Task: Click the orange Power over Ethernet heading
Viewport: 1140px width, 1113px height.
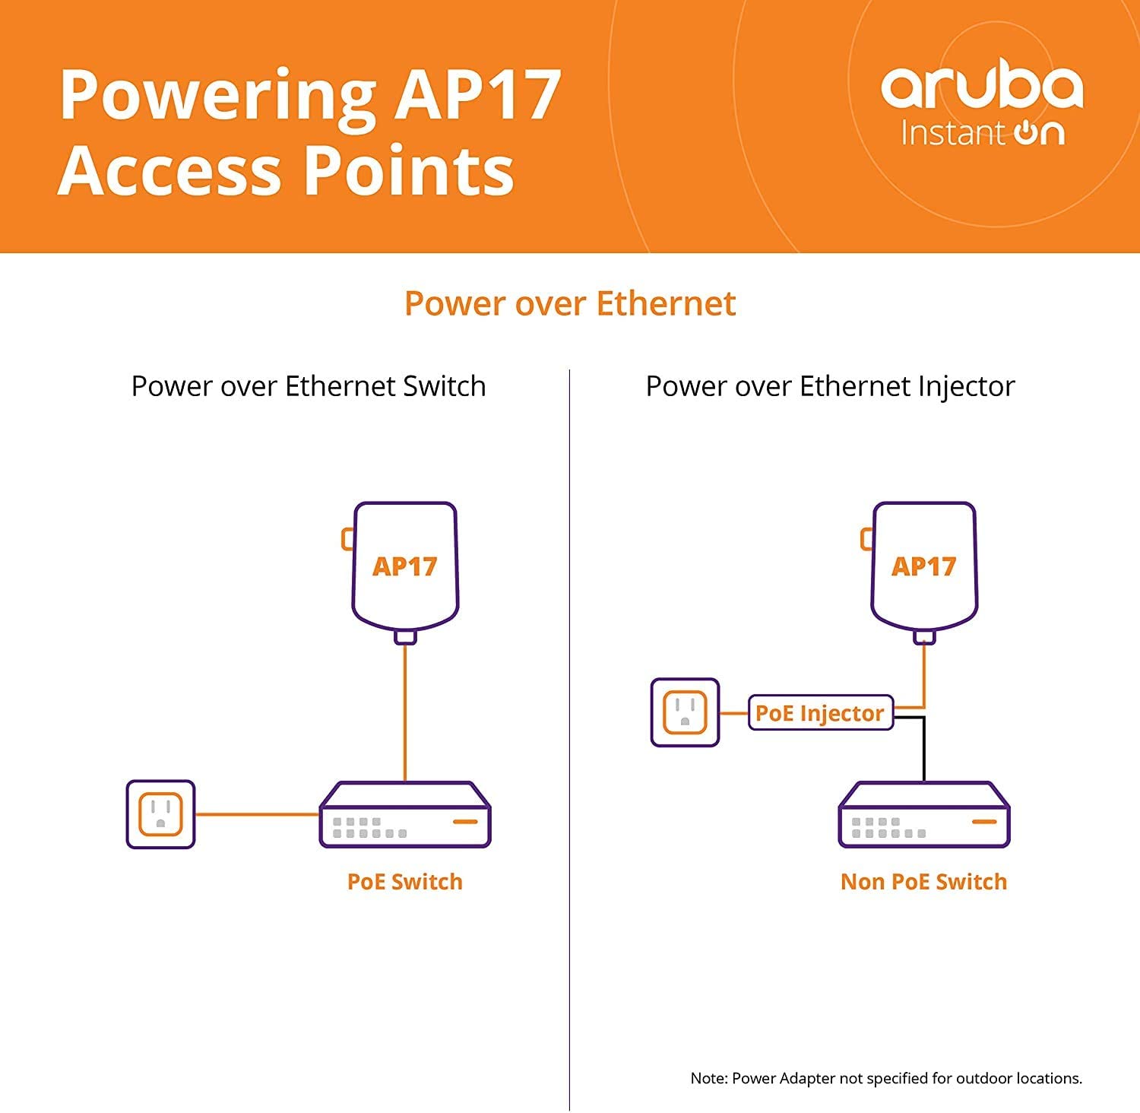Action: [x=570, y=303]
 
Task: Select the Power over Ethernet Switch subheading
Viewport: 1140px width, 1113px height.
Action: [x=309, y=386]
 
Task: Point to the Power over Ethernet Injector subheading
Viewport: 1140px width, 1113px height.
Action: [x=830, y=386]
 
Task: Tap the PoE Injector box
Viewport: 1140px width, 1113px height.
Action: [x=821, y=713]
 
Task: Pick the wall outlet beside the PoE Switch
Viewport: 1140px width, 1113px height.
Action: [x=160, y=814]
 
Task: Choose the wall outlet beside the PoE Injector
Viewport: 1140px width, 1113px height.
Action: [x=686, y=712]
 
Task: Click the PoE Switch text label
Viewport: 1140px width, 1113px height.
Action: [x=405, y=882]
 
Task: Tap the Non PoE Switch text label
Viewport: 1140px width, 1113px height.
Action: [x=924, y=882]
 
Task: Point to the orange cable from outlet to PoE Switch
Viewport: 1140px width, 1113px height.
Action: [x=258, y=814]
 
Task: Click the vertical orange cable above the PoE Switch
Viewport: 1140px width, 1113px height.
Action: [x=405, y=713]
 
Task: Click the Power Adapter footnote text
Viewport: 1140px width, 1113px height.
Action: [x=886, y=1078]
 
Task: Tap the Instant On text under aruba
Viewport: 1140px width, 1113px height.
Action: [x=983, y=132]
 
